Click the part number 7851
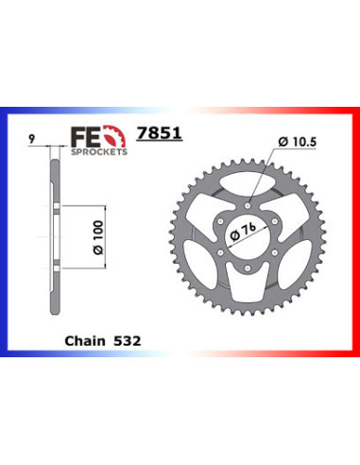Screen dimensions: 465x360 coord(168,136)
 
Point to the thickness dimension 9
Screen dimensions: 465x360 coord(33,137)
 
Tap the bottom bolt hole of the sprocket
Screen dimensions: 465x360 coord(246,267)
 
